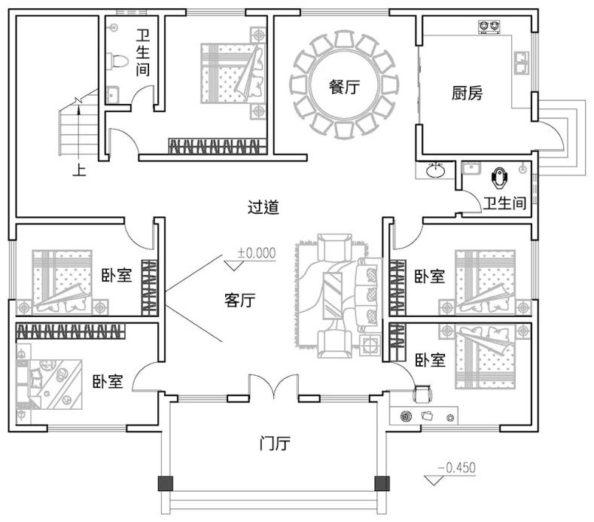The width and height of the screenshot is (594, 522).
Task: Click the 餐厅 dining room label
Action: coord(343,87)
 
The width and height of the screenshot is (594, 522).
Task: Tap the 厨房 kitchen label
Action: coord(467,93)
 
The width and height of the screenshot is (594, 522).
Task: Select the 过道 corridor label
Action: coord(263,207)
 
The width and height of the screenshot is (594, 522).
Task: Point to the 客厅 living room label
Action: coord(239,300)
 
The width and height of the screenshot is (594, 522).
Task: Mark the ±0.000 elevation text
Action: coord(257,253)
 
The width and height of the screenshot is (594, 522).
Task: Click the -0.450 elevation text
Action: coord(458,468)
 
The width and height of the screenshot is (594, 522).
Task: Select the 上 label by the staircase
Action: coord(78,169)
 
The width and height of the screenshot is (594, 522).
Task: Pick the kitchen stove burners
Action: coord(489,26)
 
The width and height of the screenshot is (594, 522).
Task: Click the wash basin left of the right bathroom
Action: coord(435,169)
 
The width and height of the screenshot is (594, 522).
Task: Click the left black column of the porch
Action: coord(163,484)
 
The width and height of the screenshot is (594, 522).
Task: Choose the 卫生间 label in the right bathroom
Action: coord(504,203)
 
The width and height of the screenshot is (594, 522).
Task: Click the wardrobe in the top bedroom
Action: coord(218,145)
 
